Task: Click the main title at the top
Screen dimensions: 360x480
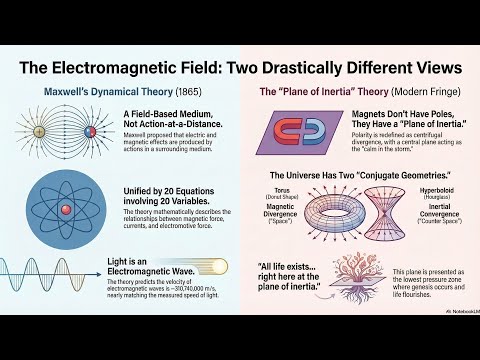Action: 240,68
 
